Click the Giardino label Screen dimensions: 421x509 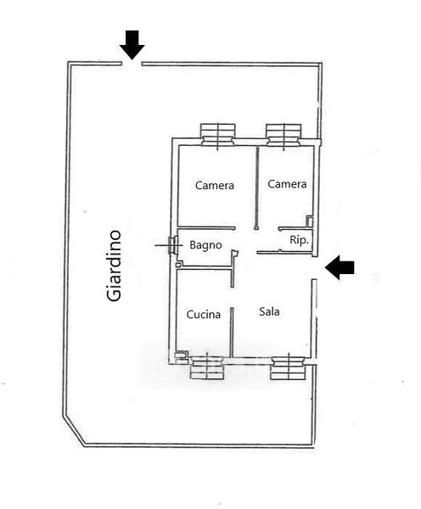pyautogui.click(x=114, y=266)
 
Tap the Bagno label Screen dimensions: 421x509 pyautogui.click(x=205, y=245)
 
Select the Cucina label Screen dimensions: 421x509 pyautogui.click(x=204, y=314)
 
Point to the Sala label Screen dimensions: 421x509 pyautogui.click(x=269, y=311)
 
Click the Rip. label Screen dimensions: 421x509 pyautogui.click(x=299, y=240)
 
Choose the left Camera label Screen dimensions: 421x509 pyautogui.click(x=215, y=185)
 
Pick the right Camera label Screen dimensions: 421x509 pyautogui.click(x=287, y=184)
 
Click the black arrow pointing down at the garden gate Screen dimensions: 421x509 pyautogui.click(x=132, y=45)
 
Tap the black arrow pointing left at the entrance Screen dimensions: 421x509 pyautogui.click(x=340, y=267)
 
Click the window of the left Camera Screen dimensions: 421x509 pyautogui.click(x=217, y=135)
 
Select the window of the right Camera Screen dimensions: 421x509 pyautogui.click(x=283, y=135)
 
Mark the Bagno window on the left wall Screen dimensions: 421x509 pyautogui.click(x=172, y=245)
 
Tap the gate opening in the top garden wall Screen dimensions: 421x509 pyautogui.click(x=132, y=64)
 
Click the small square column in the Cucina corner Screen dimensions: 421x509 pyautogui.click(x=181, y=355)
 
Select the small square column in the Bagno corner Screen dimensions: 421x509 pyautogui.click(x=178, y=265)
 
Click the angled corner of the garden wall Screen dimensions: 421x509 pyautogui.click(x=74, y=432)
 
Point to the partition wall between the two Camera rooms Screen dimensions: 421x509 pyautogui.click(x=256, y=187)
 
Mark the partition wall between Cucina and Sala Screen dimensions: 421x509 pyautogui.click(x=232, y=332)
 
